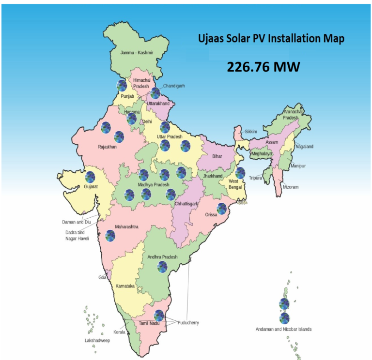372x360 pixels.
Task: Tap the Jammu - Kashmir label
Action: pos(137,52)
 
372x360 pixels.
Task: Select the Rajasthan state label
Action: pos(107,147)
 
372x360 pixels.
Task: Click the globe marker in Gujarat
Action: pos(90,177)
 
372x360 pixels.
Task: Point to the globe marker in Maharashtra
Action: pos(110,236)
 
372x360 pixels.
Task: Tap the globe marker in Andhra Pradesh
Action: pos(162,267)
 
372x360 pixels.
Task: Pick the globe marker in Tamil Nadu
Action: pos(158,315)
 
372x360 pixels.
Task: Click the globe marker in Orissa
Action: pos(221,209)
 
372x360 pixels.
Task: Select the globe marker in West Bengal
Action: pos(240,173)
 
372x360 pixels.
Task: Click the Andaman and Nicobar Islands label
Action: pos(283,330)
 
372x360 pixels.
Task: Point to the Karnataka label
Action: pos(125,286)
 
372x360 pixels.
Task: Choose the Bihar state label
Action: pos(217,157)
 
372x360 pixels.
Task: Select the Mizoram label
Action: pos(291,187)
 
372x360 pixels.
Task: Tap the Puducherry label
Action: pos(188,323)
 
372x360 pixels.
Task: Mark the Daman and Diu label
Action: pos(78,222)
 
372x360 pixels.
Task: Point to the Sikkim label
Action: pos(251,132)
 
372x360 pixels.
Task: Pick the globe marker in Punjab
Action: pos(122,86)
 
